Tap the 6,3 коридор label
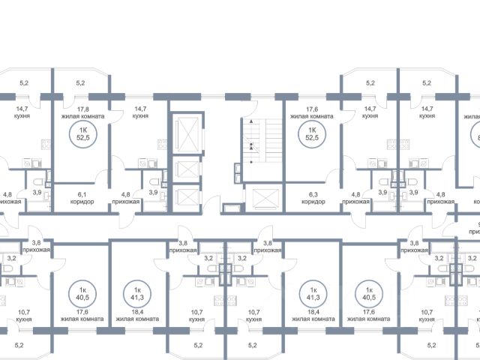coord(312,196)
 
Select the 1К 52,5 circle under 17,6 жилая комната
coord(307,133)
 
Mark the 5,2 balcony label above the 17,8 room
coord(80,83)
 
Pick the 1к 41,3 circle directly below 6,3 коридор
coord(314,293)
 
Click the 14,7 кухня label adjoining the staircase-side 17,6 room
coord(369,112)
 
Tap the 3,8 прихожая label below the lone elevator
coord(268,246)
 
